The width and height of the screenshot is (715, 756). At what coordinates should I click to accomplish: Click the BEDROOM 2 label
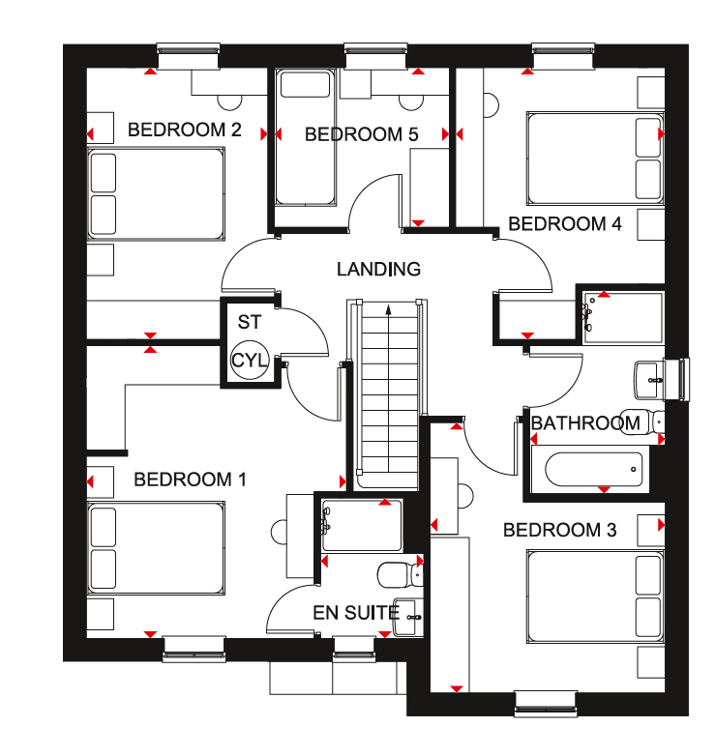pyautogui.click(x=184, y=130)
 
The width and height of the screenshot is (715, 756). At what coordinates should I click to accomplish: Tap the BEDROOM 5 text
pyautogui.click(x=361, y=134)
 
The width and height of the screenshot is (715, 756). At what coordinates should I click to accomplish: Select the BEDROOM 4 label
pyautogui.click(x=565, y=223)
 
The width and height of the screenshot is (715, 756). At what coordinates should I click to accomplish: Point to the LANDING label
pyautogui.click(x=378, y=269)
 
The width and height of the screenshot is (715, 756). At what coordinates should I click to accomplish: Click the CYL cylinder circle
pyautogui.click(x=249, y=360)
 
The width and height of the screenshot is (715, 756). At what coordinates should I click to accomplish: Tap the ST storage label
pyautogui.click(x=250, y=322)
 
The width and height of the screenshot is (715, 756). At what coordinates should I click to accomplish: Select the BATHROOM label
pyautogui.click(x=585, y=423)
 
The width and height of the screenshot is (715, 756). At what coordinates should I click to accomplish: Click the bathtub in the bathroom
pyautogui.click(x=590, y=469)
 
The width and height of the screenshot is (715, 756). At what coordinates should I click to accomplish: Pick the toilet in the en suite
pyautogui.click(x=400, y=574)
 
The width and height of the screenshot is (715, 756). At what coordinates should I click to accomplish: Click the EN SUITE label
pyautogui.click(x=356, y=613)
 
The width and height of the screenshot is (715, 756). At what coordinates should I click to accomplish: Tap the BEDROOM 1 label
pyautogui.click(x=190, y=480)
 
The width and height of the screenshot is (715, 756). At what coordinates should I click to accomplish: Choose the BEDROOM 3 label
pyautogui.click(x=559, y=530)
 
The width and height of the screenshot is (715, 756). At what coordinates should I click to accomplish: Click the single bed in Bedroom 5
pyautogui.click(x=306, y=138)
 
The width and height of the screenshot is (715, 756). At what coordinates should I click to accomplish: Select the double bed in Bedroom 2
pyautogui.click(x=156, y=193)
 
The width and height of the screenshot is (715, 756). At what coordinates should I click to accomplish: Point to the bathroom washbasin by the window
pyautogui.click(x=649, y=380)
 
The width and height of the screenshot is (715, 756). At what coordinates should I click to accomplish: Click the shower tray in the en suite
pyautogui.click(x=361, y=526)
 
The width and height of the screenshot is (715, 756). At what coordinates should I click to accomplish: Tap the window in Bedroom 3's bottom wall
pyautogui.click(x=546, y=704)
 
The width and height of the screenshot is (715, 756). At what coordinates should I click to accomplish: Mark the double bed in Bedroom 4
pyautogui.click(x=596, y=159)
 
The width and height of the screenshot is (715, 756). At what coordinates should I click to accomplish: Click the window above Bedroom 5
pyautogui.click(x=375, y=55)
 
